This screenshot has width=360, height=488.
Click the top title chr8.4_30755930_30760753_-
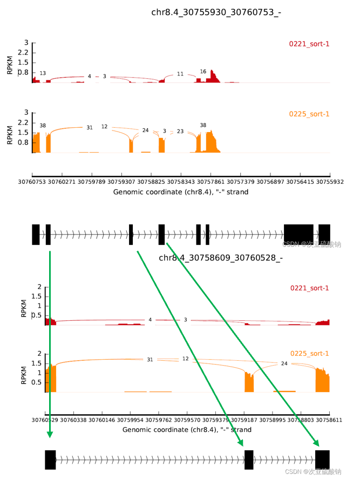coord(216,12)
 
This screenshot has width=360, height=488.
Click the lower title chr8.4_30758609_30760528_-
coord(221,258)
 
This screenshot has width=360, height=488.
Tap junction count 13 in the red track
coord(43,73)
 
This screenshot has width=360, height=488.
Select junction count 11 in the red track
coord(180,74)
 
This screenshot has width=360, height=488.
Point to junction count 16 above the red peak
coord(203,71)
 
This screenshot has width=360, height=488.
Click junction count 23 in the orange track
coord(180,131)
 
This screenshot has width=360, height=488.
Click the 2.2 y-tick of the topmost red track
coord(23,53)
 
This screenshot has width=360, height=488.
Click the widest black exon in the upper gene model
coord(298,234)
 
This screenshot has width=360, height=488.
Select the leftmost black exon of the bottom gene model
coord(50,459)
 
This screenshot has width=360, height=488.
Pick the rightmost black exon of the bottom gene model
coord(323,459)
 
